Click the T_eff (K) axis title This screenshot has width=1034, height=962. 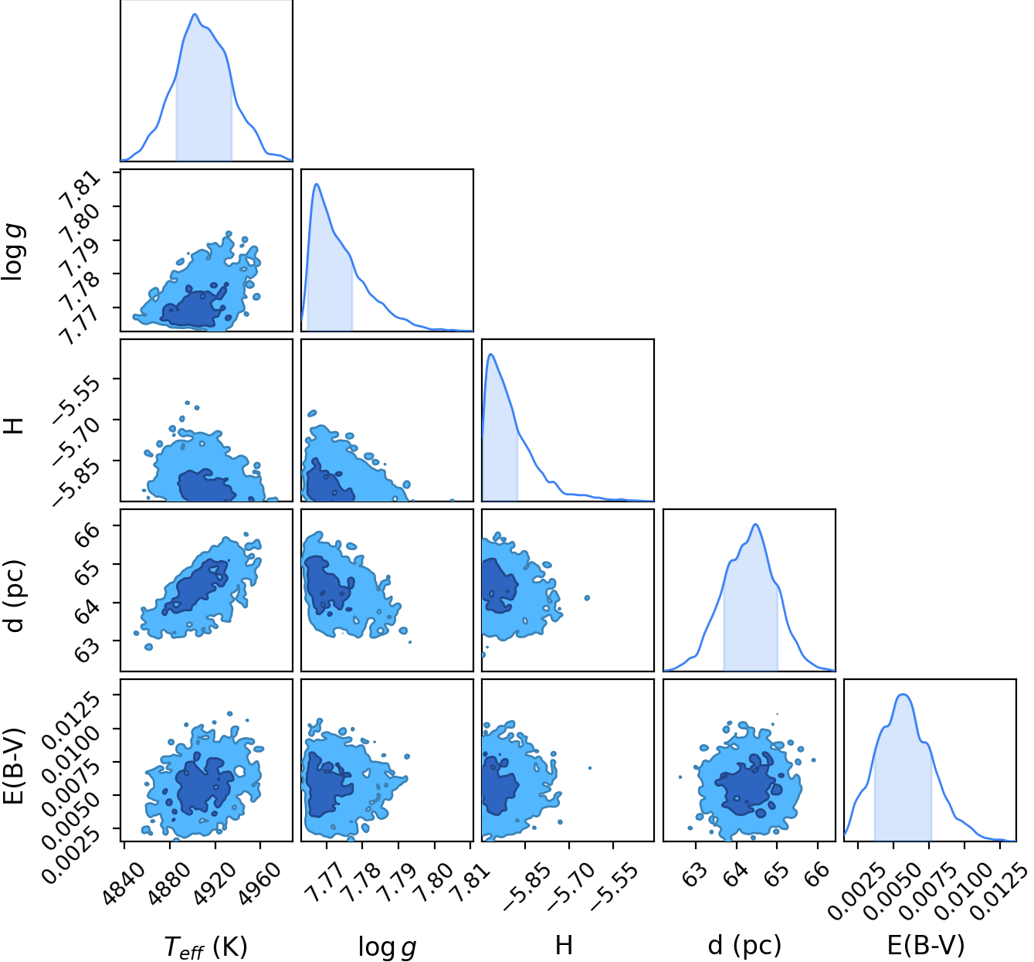(205, 946)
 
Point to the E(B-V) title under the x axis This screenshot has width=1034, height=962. (926, 945)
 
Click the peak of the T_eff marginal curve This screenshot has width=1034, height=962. (195, 14)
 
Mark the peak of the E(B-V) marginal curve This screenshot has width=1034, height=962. (903, 695)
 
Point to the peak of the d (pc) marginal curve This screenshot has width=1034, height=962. (755, 524)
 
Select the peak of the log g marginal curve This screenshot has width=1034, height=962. (316, 185)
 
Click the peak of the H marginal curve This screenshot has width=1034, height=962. (490, 355)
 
